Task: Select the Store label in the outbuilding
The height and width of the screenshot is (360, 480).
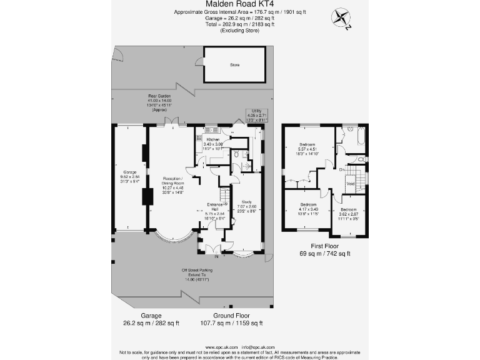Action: point(234,65)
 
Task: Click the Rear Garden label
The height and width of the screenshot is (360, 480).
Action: point(159,96)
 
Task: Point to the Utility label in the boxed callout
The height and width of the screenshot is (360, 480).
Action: point(257,111)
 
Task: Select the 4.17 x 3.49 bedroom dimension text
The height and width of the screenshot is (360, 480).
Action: point(308,209)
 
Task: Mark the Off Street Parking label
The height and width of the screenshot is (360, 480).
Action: point(194,269)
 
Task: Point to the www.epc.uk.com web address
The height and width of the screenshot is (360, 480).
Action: point(221,346)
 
